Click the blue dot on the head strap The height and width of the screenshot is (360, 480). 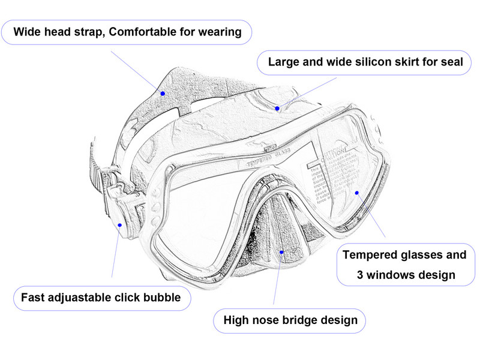point(162,93)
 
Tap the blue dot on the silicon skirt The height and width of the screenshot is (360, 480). point(278,109)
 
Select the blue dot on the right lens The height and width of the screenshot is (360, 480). point(357,193)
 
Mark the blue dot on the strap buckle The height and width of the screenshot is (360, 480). point(120,226)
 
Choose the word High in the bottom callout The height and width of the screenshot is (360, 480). point(236,320)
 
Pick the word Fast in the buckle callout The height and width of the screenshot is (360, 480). point(33,298)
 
